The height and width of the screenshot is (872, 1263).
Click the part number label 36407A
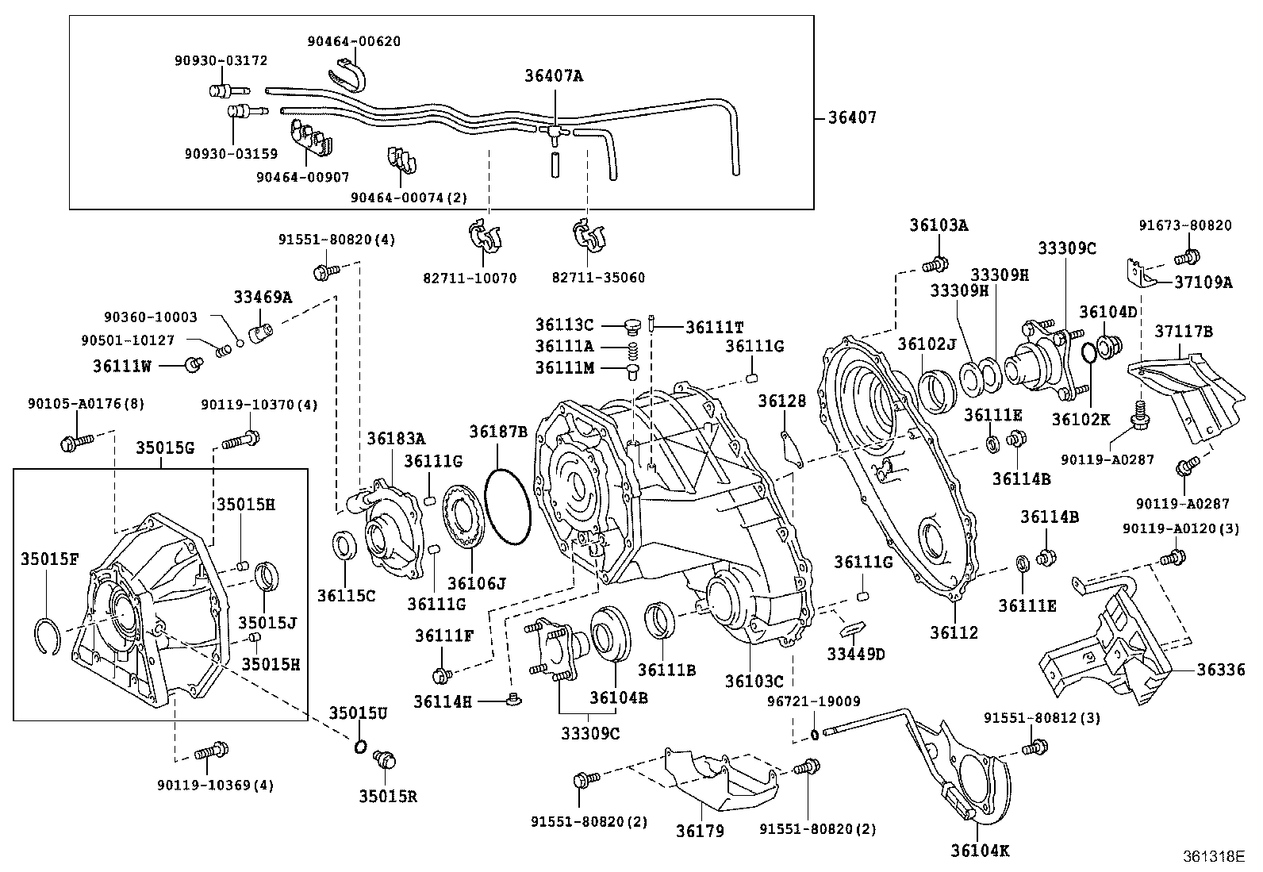coord(553,76)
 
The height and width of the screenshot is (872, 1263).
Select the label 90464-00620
coord(354,40)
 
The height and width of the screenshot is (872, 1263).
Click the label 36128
coord(781,401)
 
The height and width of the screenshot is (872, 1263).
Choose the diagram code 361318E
coord(1214,856)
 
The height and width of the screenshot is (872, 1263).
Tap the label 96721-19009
coord(813,701)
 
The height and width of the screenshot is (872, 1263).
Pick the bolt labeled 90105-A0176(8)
coord(75,440)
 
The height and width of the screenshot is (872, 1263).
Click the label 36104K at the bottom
coord(980,851)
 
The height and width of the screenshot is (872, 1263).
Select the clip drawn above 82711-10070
coord(485,234)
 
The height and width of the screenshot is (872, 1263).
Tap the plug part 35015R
coord(386,760)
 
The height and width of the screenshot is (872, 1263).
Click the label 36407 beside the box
coord(852,117)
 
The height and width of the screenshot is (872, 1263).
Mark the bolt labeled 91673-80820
coord(1188,256)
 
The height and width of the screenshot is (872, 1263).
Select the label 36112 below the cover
coord(954,632)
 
